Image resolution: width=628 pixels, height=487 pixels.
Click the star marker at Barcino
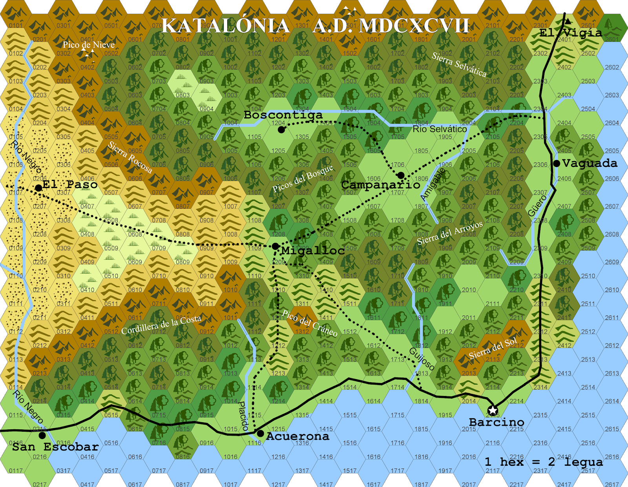493,410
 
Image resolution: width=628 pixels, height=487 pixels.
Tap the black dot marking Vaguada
556,163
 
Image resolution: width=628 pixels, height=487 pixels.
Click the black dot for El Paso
38,188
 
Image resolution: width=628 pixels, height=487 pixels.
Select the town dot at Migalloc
276,246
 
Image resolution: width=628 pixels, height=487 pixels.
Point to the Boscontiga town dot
281,130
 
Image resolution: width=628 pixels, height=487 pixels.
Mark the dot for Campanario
401,175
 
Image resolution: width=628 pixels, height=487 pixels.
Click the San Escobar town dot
42,435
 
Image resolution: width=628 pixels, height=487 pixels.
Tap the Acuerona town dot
260,434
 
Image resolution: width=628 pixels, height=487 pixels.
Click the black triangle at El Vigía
568,21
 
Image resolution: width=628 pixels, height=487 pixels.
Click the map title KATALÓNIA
226,26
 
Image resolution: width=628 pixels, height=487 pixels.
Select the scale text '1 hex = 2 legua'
544,462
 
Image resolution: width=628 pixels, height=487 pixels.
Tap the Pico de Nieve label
89,45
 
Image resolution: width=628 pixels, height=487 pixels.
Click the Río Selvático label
440,129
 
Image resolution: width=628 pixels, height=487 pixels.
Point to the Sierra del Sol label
493,348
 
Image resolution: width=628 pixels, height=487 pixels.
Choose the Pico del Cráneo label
310,323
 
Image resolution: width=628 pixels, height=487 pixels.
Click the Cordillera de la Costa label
161,325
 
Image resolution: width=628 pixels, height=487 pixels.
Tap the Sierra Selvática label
459,64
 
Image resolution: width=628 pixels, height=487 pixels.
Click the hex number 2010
469,290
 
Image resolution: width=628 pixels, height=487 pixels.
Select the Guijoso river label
422,359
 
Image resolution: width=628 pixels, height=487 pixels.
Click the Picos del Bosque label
303,178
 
